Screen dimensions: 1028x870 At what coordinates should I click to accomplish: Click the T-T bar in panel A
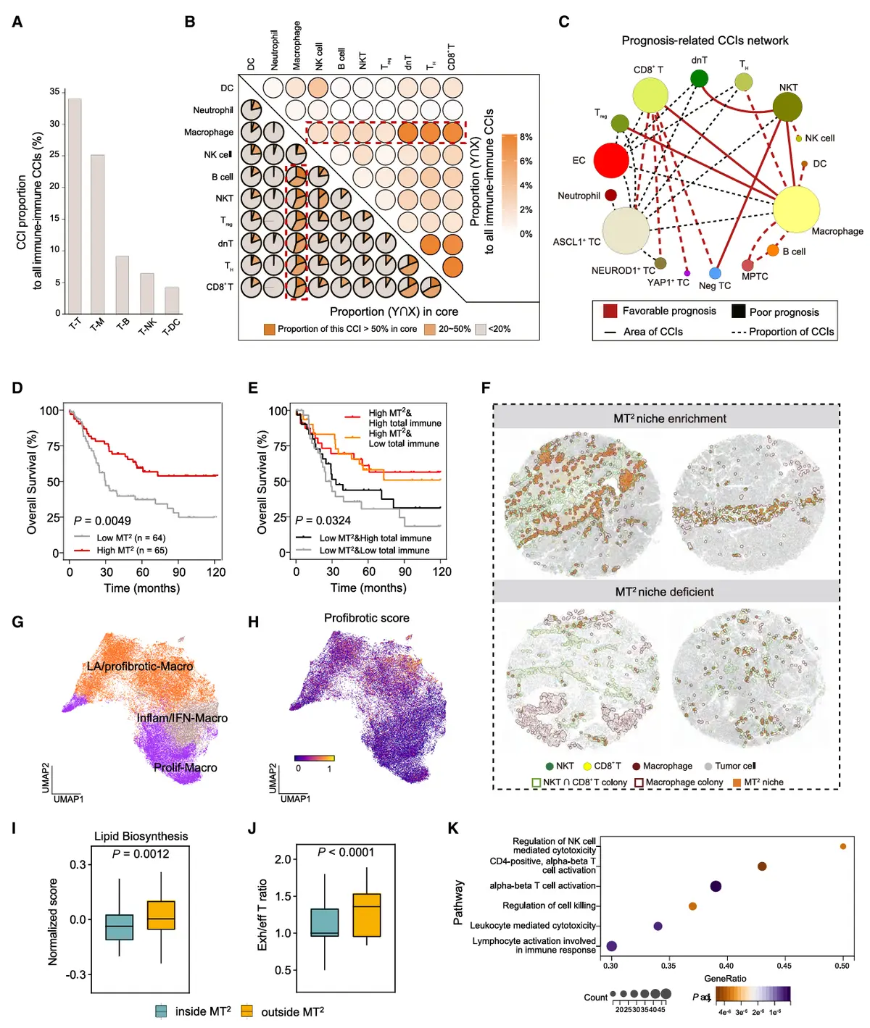(x=75, y=206)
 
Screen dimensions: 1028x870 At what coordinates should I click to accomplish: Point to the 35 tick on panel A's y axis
(x=55, y=92)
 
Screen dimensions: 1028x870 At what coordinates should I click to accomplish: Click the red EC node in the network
(x=611, y=160)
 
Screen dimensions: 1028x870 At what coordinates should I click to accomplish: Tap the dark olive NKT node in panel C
(x=787, y=107)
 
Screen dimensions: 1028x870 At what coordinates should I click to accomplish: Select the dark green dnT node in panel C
(x=699, y=78)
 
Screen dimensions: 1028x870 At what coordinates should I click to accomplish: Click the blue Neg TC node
(x=715, y=273)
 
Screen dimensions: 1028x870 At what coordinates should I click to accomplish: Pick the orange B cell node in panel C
(x=773, y=251)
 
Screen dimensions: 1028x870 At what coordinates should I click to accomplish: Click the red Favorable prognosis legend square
(x=610, y=311)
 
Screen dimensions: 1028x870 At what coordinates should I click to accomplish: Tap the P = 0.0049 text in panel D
(x=102, y=520)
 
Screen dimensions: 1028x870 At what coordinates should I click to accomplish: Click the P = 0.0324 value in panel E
(x=323, y=519)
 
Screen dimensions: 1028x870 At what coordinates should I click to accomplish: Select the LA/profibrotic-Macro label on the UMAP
(x=140, y=666)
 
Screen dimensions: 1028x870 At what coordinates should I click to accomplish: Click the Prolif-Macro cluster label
(x=186, y=767)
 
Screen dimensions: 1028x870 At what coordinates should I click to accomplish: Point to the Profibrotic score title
(x=366, y=618)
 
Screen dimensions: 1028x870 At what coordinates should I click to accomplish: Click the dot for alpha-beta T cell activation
(x=716, y=886)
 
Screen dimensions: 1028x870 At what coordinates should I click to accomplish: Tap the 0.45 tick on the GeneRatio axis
(x=784, y=966)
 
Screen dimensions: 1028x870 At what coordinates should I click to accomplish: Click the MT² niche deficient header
(x=665, y=592)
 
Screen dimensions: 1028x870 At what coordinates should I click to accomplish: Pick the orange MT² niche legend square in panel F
(x=737, y=782)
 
